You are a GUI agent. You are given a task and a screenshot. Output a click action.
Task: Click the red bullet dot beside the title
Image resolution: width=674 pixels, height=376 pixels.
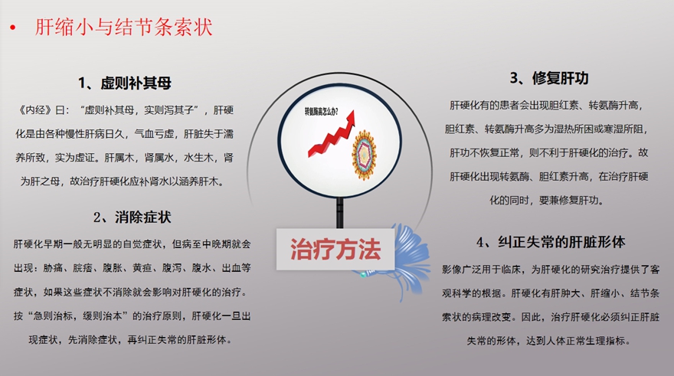[13, 28]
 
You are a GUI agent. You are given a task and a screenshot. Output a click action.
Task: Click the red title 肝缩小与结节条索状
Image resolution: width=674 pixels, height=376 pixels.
[124, 27]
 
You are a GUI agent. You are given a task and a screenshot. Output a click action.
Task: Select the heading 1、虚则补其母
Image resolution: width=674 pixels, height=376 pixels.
[125, 83]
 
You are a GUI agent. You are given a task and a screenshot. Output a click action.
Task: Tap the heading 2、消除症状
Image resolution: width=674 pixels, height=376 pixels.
[133, 217]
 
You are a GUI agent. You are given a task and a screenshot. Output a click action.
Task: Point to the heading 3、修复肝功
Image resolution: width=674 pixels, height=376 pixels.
[549, 78]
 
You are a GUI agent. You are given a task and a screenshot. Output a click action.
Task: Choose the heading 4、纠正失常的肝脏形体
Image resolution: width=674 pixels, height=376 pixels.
[551, 242]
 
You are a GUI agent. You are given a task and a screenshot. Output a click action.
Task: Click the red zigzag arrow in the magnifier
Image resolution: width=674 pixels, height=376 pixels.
[332, 134]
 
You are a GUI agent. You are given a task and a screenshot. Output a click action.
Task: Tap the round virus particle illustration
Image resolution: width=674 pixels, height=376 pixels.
[365, 155]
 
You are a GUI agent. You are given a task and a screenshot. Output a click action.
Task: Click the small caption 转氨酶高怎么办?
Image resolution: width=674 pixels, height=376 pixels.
[321, 112]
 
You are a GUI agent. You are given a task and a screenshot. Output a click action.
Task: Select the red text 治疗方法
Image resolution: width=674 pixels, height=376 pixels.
[335, 249]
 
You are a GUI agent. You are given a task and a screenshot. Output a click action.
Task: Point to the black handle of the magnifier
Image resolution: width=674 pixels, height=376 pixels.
[340, 213]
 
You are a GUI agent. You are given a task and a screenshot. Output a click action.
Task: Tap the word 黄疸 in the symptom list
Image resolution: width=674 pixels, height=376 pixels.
[142, 268]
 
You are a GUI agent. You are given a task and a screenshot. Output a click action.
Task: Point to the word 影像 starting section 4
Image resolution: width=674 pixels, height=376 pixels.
[452, 270]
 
